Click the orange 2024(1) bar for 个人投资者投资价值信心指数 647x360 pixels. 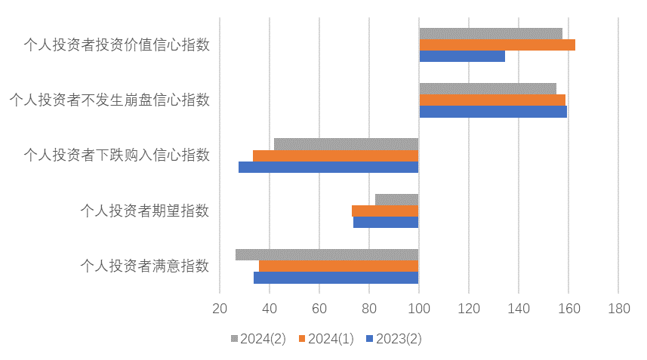click(497, 45)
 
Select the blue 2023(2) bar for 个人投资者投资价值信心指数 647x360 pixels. click(461, 56)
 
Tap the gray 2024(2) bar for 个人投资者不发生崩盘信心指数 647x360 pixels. click(487, 88)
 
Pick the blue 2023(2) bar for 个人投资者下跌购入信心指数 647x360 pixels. click(328, 167)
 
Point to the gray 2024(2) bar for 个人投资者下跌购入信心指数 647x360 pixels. click(346, 144)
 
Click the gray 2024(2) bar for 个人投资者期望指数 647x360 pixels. click(396, 199)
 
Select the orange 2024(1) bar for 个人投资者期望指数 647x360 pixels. click(385, 211)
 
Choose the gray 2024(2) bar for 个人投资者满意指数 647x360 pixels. click(327, 254)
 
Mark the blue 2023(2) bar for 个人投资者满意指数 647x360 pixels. click(336, 277)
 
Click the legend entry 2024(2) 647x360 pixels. click(257, 339)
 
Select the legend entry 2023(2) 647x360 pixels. click(393, 339)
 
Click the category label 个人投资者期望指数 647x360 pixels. click(145, 211)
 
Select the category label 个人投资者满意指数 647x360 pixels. click(145, 266)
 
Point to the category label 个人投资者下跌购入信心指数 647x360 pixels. click(117, 155)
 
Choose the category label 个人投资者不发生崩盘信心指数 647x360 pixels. click(109, 100)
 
